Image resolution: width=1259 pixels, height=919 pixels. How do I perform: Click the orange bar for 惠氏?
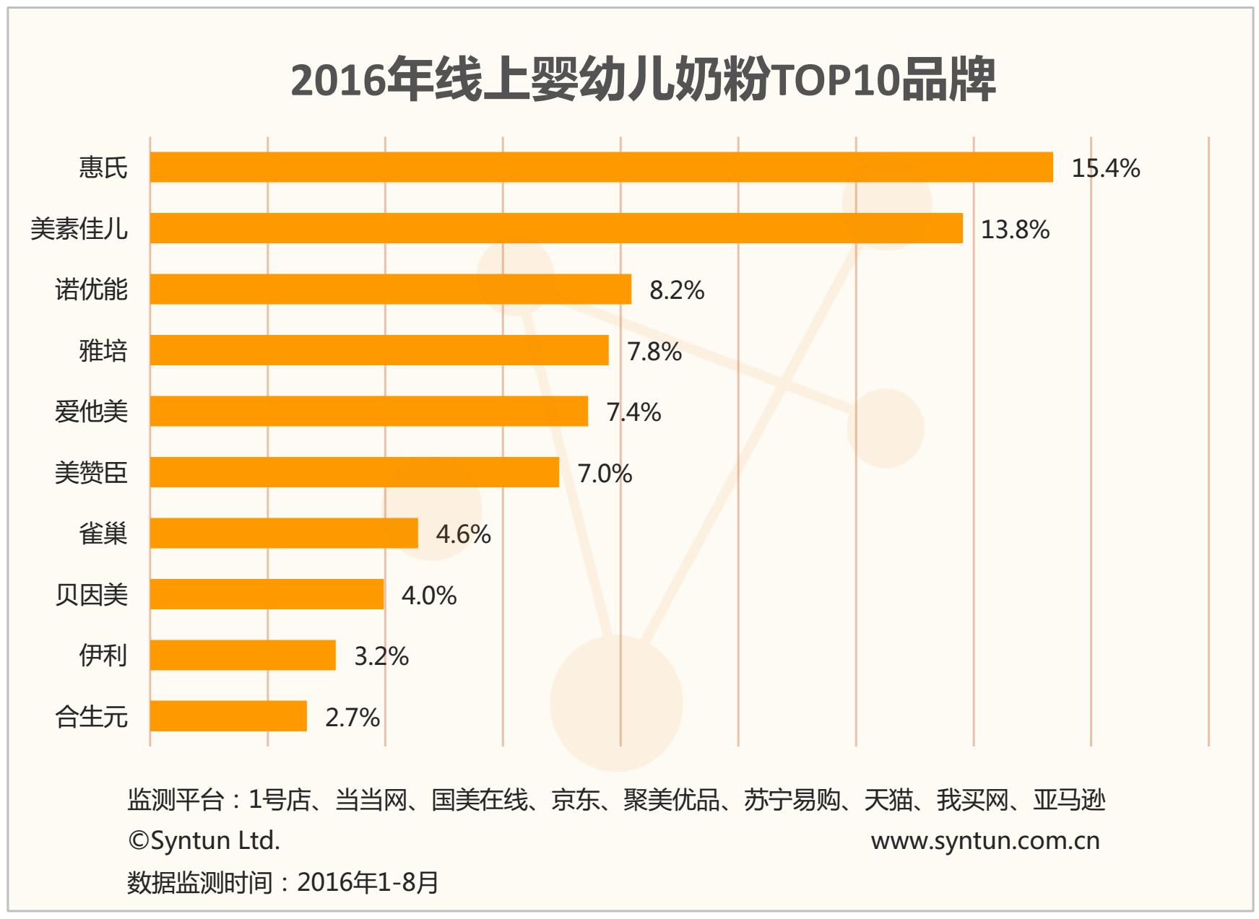pos(601,167)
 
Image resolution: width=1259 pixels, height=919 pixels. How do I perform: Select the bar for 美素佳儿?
pos(556,228)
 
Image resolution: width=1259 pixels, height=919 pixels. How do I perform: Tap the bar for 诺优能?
pos(390,289)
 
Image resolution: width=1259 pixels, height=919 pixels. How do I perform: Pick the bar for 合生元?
pos(228,716)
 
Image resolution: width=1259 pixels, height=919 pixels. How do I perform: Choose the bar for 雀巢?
pos(284,533)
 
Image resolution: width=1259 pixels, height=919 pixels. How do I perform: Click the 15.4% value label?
pos(1105,168)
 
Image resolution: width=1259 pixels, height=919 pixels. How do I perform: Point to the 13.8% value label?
pos(1015,230)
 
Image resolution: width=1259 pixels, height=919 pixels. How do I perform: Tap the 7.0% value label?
pos(605,474)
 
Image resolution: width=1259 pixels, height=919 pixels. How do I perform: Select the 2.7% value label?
pos(352,718)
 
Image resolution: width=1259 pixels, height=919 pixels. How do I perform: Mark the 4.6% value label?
pos(463,534)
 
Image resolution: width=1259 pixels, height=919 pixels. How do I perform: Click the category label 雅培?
pos(103,351)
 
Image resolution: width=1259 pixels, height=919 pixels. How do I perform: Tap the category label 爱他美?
pos(91,411)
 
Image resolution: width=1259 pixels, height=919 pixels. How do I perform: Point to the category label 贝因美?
pos(91,595)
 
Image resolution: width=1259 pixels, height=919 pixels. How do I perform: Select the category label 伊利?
pos(103,656)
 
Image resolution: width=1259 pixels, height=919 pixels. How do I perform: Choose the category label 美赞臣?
pos(91,473)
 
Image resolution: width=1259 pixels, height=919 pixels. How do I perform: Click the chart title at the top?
pos(643,79)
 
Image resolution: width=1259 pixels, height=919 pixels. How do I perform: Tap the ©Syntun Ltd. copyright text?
pos(204,840)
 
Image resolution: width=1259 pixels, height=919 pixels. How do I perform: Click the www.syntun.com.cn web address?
pos(985,840)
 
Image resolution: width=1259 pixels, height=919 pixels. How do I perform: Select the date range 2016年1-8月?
pos(368,882)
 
